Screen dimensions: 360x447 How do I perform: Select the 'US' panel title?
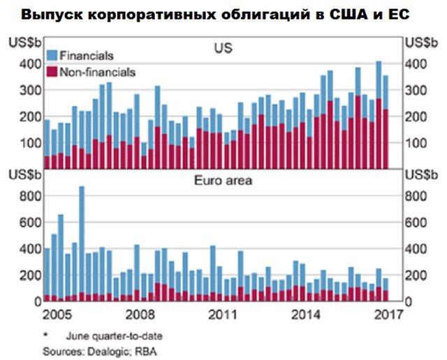tap(223, 49)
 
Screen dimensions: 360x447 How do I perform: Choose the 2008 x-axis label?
tap(140, 313)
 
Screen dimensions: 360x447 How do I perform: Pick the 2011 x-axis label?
tap(223, 313)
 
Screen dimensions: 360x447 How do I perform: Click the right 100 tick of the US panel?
tap(416, 143)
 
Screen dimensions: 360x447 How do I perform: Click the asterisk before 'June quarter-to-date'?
tap(45, 335)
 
